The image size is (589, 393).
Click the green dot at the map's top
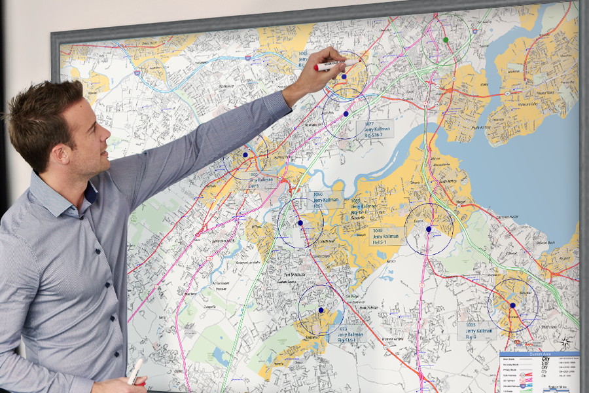coord(446,40)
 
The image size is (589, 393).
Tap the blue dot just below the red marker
coord(344,77)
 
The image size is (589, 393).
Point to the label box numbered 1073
coord(348,335)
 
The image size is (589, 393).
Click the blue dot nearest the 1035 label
coord(512,305)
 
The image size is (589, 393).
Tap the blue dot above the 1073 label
coord(321,310)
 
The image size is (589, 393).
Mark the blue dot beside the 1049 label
coord(429,229)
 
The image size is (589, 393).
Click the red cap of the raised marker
coord(319,67)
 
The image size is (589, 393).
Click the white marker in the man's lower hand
coord(134,371)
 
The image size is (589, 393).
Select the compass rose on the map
coord(565,341)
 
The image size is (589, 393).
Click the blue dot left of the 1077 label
coord(346,113)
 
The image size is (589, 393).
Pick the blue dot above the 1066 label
coord(245,155)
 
